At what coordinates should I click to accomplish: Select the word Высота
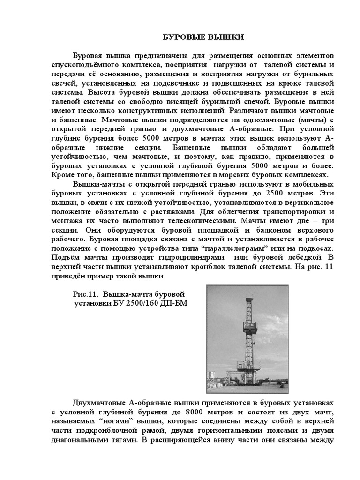101,92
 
